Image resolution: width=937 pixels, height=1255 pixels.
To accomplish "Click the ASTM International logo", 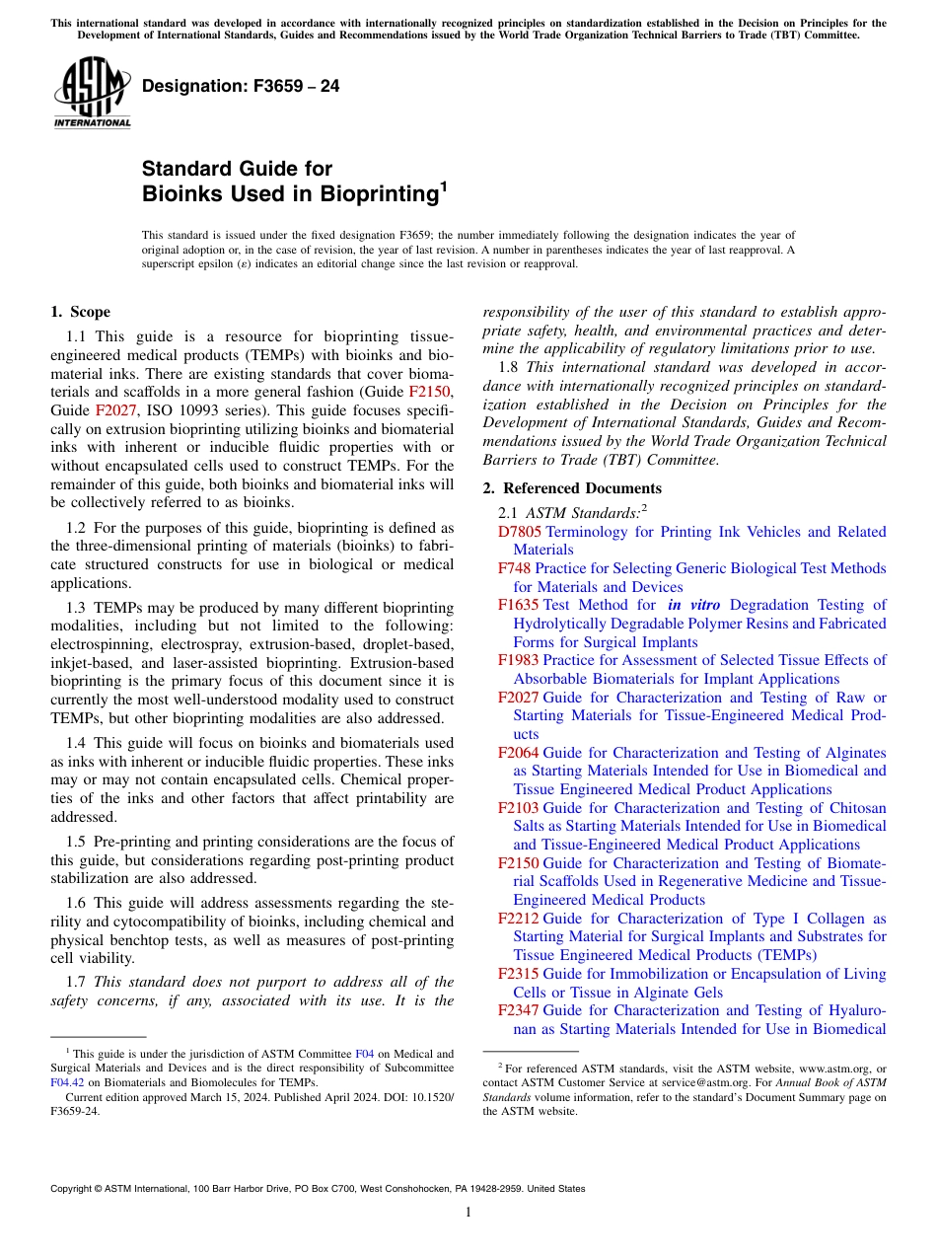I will (x=92, y=93).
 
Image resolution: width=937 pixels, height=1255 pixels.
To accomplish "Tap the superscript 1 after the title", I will (x=443, y=185).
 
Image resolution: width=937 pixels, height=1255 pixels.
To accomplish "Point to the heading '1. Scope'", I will (x=80, y=312).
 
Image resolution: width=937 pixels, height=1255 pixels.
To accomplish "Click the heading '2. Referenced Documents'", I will (x=572, y=488).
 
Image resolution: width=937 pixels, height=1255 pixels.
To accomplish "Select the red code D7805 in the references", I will (x=519, y=532).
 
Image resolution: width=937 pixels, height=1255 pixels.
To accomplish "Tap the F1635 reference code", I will (x=518, y=605).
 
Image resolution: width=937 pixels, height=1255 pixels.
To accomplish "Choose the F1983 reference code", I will (x=519, y=660).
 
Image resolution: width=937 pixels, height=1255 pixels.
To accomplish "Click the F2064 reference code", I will (x=519, y=753).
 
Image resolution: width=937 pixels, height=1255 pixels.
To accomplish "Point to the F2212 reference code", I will (x=519, y=919).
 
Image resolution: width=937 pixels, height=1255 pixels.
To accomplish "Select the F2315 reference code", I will (x=519, y=974).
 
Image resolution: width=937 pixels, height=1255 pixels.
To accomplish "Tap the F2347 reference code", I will (x=519, y=1010).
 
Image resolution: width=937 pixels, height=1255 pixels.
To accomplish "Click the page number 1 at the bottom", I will (x=468, y=1213).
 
